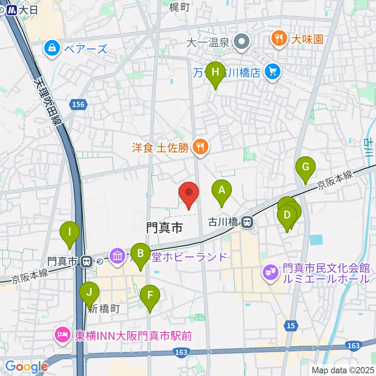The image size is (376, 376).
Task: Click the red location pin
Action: coord(189,193)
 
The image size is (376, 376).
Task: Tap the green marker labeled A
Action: coord(222,191)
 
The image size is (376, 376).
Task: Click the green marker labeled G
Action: coord(305,167)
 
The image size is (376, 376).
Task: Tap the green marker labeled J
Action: coord(90,293)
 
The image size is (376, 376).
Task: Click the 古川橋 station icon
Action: coord(247,223)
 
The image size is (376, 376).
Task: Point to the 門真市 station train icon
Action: coord(87,260)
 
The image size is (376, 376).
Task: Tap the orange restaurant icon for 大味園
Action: coord(278,38)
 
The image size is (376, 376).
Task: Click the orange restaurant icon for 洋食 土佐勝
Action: coord(201,147)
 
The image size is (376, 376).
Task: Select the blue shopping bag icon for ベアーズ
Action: coord(52,49)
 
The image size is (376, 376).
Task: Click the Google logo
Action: coord(26,367)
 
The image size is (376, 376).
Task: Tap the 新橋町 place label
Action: coord(104,309)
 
